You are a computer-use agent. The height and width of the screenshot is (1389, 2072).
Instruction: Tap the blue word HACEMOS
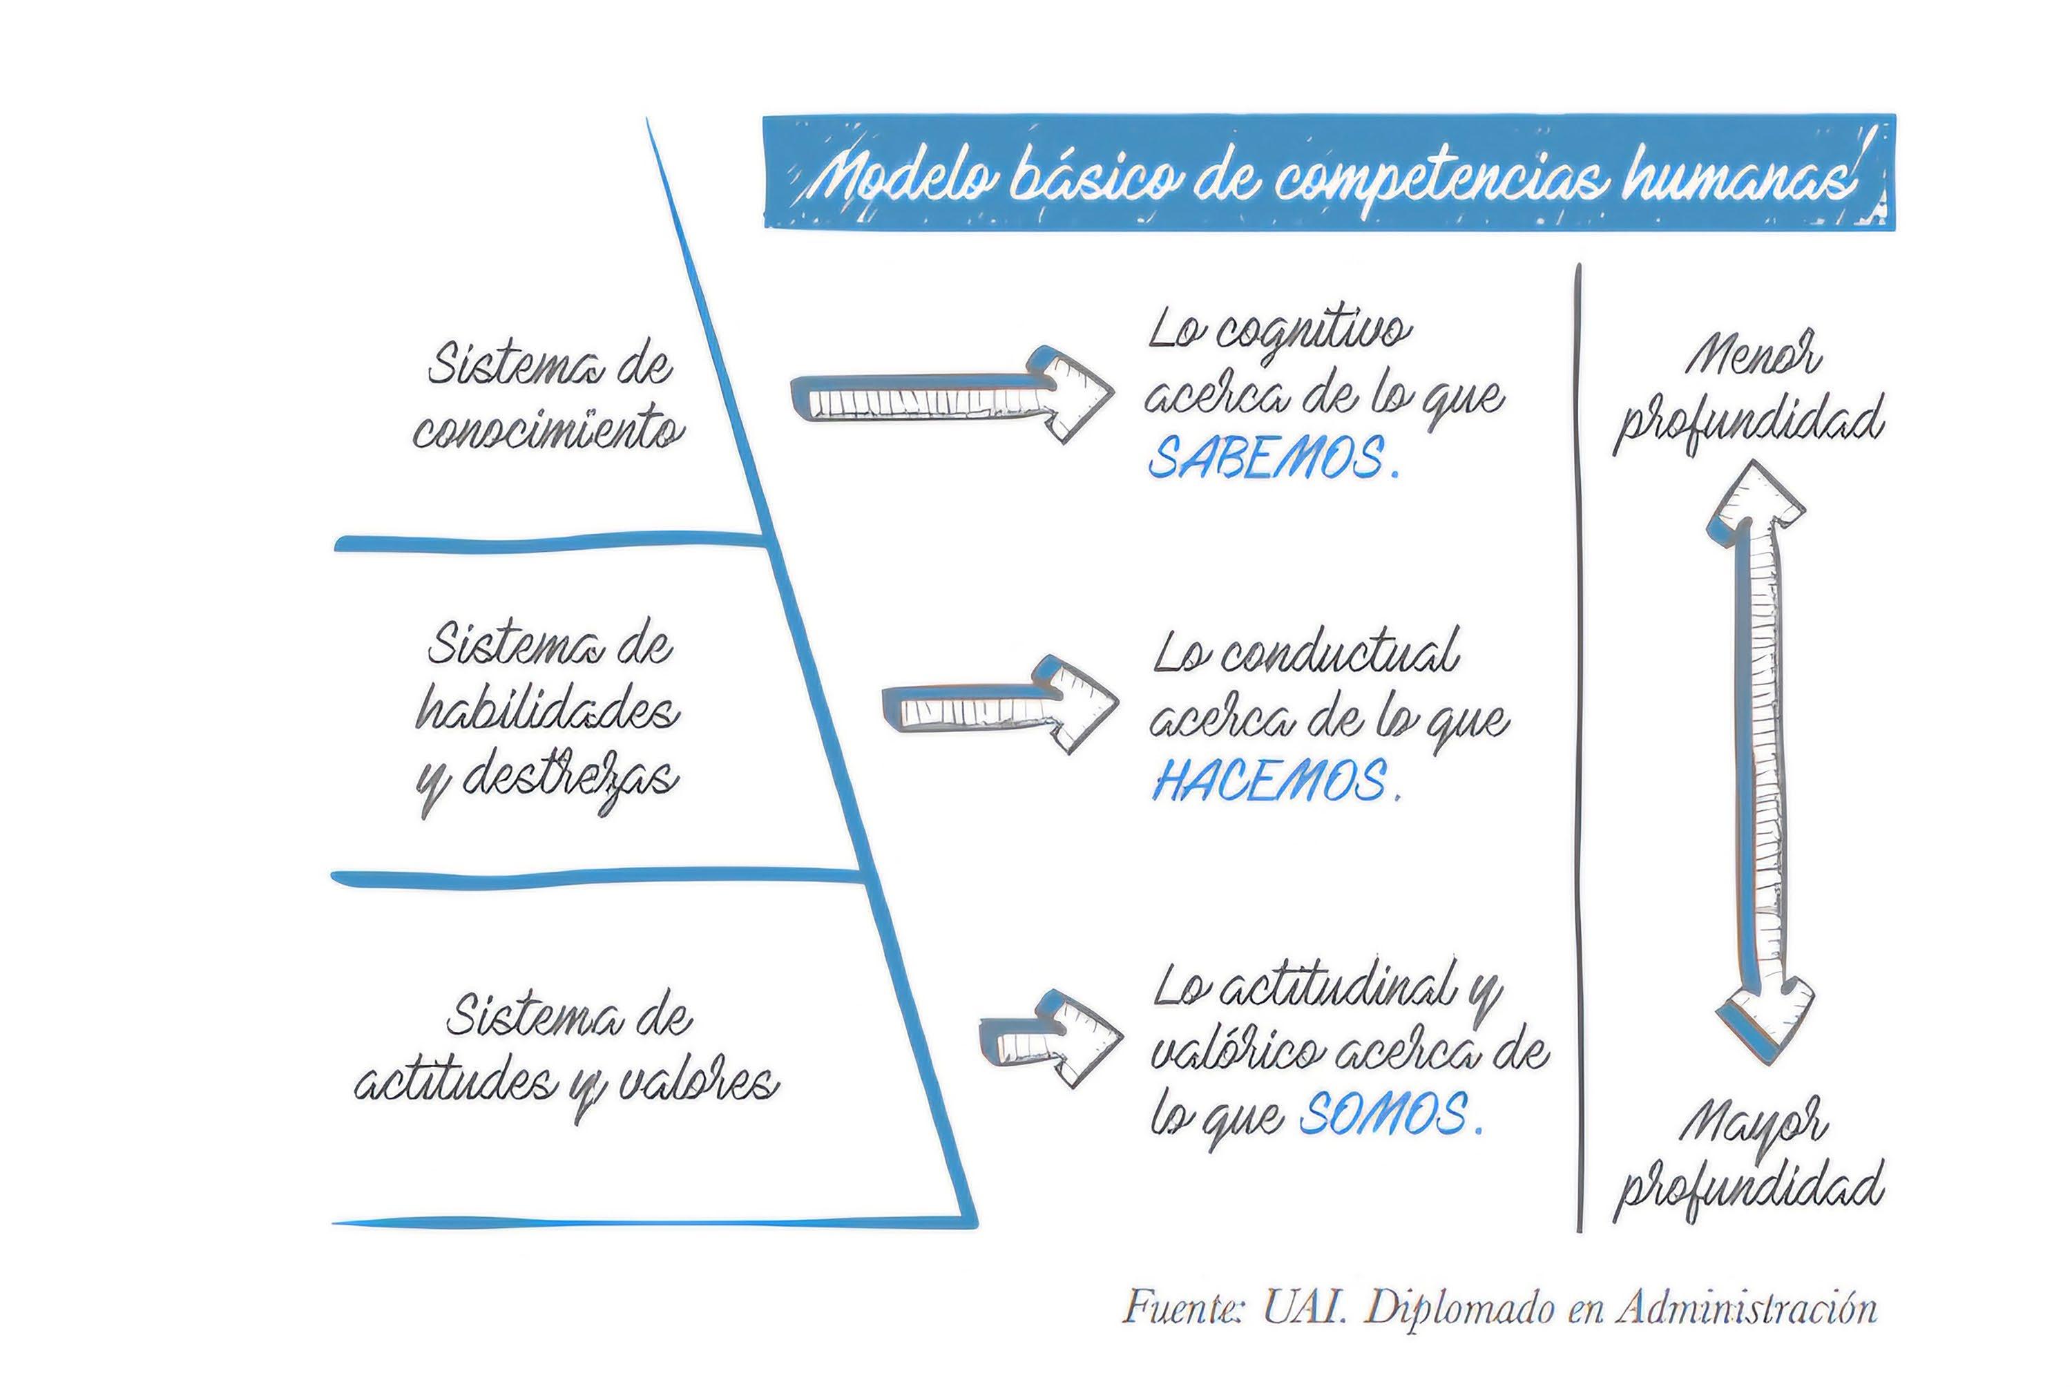click(x=1269, y=780)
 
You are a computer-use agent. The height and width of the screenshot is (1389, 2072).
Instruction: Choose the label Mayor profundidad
click(x=1749, y=1160)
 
